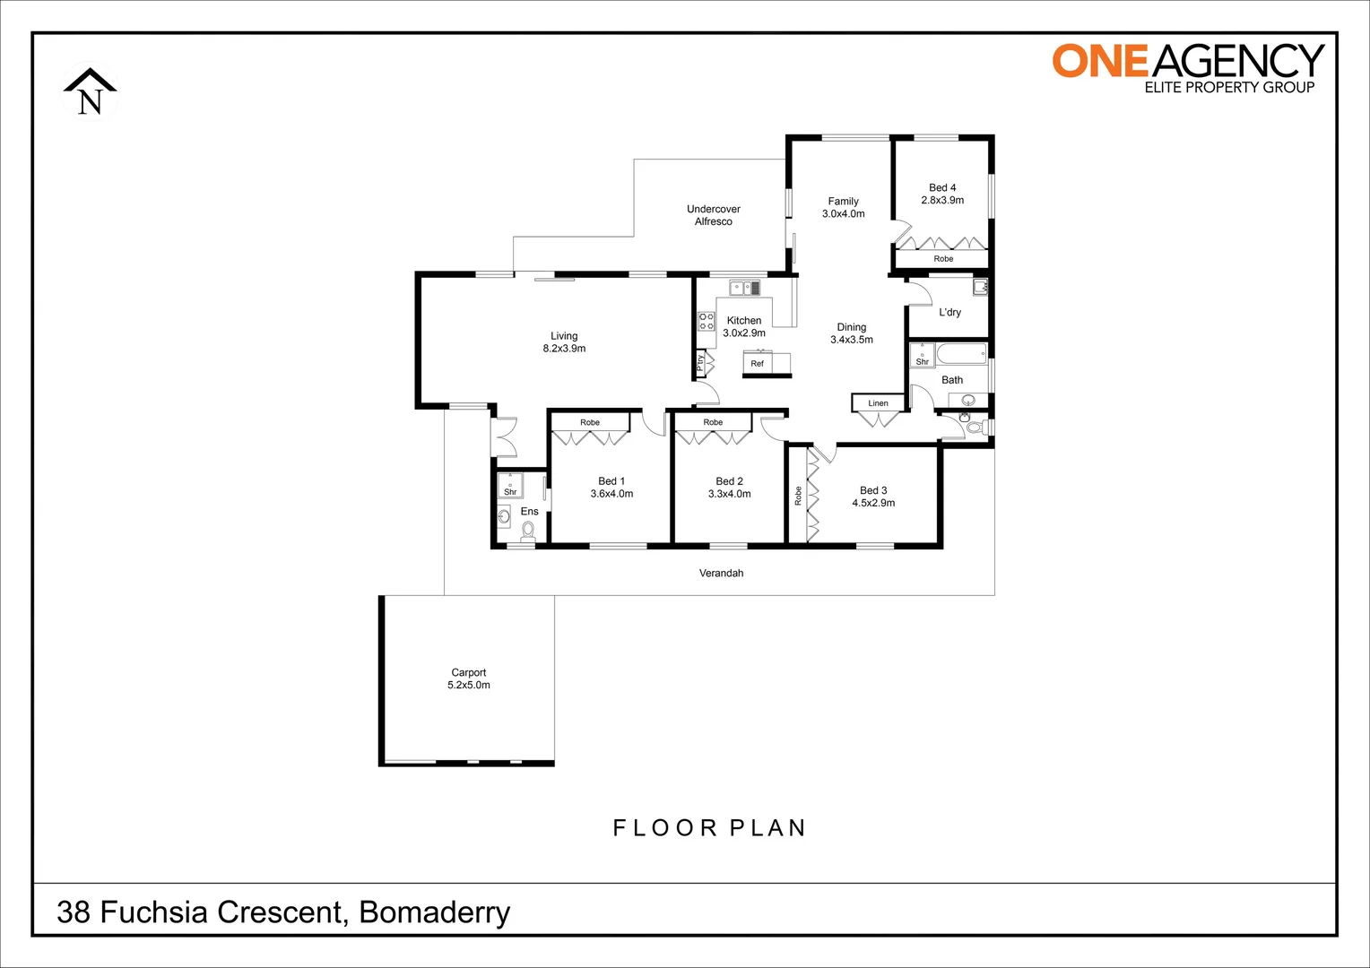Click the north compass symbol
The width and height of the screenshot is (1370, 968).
tap(90, 92)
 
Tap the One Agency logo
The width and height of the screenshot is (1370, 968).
tap(1187, 68)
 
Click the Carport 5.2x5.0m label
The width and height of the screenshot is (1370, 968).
tap(469, 678)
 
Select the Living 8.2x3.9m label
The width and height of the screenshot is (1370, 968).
tap(564, 342)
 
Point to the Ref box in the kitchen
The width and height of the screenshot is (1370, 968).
tap(758, 363)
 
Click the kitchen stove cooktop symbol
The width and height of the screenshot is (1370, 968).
tap(707, 321)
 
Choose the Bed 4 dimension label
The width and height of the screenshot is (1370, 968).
tap(942, 194)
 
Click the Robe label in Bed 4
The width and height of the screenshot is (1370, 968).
tap(943, 259)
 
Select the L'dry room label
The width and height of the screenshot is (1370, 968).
tap(949, 313)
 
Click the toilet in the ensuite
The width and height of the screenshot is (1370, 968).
tap(527, 532)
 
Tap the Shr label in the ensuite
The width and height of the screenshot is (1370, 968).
tap(510, 491)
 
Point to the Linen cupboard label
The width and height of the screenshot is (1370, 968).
tap(878, 403)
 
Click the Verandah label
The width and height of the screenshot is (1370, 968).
tap(721, 573)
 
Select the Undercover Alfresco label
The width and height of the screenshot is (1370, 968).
tap(714, 215)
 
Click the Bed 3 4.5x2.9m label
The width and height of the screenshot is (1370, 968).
tap(873, 497)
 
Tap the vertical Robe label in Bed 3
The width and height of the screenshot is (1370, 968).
tap(798, 496)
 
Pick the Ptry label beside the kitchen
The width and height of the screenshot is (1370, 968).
tap(700, 362)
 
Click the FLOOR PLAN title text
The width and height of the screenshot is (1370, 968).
tap(709, 828)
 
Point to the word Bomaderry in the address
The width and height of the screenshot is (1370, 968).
tap(435, 912)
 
